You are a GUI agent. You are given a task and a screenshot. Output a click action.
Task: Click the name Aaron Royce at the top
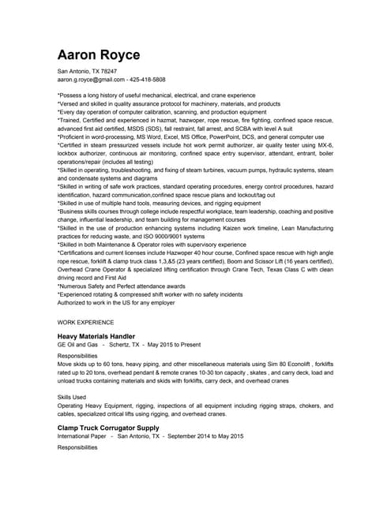pyautogui.click(x=99, y=54)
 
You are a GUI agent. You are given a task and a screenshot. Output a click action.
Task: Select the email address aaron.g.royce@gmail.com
pyautogui.click(x=91, y=80)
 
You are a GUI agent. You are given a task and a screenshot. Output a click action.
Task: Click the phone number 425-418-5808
pyautogui.click(x=148, y=80)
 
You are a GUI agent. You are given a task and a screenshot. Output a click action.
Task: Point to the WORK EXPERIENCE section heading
pyautogui.click(x=86, y=322)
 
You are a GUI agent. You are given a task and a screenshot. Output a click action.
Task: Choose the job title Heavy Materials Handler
pyautogui.click(x=102, y=336)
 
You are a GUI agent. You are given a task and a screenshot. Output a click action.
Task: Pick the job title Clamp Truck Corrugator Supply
pyautogui.click(x=108, y=428)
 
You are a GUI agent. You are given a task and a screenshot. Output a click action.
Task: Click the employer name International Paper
pyautogui.click(x=83, y=436)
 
